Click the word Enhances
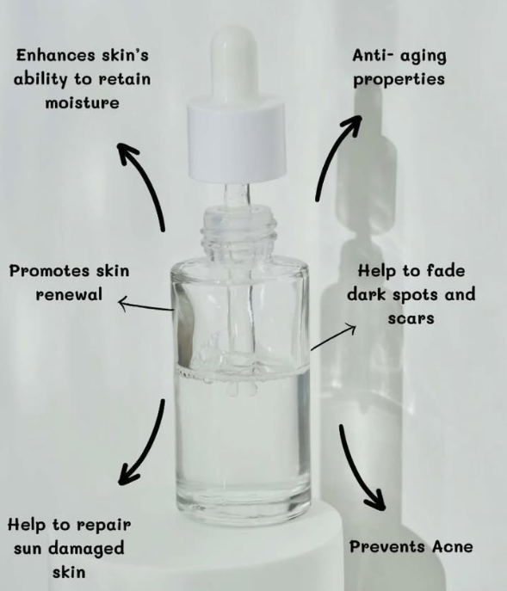tap(55, 55)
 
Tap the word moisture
tap(83, 102)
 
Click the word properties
tap(399, 80)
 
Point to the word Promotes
tap(49, 271)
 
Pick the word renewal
tap(69, 294)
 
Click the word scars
tap(411, 318)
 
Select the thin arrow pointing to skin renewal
tap(145, 305)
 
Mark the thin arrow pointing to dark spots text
tap(333, 338)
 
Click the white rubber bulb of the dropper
tap(234, 64)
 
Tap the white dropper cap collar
tap(237, 139)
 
